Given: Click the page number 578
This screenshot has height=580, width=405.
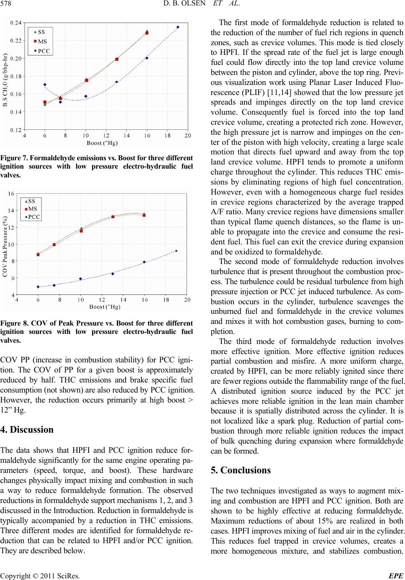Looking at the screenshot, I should point(7,5).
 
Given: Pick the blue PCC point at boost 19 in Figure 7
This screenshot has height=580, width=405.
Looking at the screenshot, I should point(178,27).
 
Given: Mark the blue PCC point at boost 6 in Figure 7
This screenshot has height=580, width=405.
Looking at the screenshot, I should point(45,85).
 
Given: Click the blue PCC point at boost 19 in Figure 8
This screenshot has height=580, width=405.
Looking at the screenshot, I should point(176,251).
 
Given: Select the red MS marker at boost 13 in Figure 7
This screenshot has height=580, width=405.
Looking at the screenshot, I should point(117,59).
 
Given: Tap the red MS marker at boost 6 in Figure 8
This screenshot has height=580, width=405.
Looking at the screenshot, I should point(38,254).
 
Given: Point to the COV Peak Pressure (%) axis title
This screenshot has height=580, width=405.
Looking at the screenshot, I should point(5,247).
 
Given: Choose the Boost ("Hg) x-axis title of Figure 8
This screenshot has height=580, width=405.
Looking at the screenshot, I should point(105,307).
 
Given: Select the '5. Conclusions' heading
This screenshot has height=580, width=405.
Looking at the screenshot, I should point(241,470).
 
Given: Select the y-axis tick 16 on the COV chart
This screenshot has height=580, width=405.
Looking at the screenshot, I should point(11,193).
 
